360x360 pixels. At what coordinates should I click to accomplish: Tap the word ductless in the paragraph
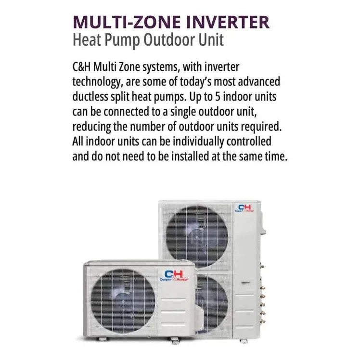pos(91,97)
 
